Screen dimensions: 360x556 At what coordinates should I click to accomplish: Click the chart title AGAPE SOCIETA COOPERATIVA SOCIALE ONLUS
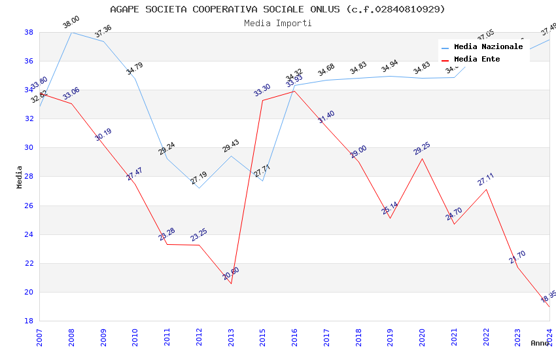pyautogui.click(x=277, y=9)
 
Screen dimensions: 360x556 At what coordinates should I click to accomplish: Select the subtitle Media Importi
pyautogui.click(x=277, y=24)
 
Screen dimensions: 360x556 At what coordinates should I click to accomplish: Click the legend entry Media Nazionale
pyautogui.click(x=488, y=47)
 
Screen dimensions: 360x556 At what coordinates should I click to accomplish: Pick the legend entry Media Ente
pyautogui.click(x=477, y=60)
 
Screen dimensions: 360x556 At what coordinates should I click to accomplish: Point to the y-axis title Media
pyautogui.click(x=20, y=177)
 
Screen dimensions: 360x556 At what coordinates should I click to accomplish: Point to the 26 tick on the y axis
pyautogui.click(x=29, y=206)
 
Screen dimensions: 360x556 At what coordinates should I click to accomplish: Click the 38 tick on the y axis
pyautogui.click(x=29, y=32)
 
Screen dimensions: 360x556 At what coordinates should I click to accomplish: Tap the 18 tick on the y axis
pyautogui.click(x=29, y=321)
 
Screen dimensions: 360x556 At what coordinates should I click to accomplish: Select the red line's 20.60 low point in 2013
pyautogui.click(x=231, y=283)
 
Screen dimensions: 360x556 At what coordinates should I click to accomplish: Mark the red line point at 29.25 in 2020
pyautogui.click(x=422, y=158)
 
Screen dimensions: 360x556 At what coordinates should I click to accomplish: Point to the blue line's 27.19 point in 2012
pyautogui.click(x=199, y=188)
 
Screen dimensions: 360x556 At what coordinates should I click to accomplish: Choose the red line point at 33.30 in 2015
pyautogui.click(x=262, y=100)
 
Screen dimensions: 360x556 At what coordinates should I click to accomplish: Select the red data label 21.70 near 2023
pyautogui.click(x=517, y=257)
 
